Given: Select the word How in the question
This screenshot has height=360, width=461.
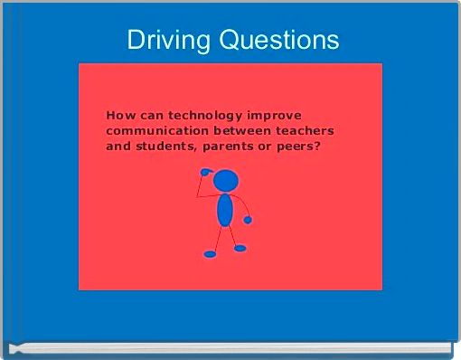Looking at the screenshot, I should click(x=119, y=116).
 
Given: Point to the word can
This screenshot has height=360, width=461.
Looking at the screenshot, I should click(x=150, y=116).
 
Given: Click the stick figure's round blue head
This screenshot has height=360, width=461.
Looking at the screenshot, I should click(x=226, y=179).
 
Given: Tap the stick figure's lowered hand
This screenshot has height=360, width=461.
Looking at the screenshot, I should click(x=248, y=220).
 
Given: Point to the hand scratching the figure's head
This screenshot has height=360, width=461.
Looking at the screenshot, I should click(x=204, y=172).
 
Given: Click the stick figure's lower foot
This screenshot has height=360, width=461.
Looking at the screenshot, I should click(x=210, y=254).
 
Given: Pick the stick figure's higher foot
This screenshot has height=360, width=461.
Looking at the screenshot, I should click(x=240, y=248).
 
